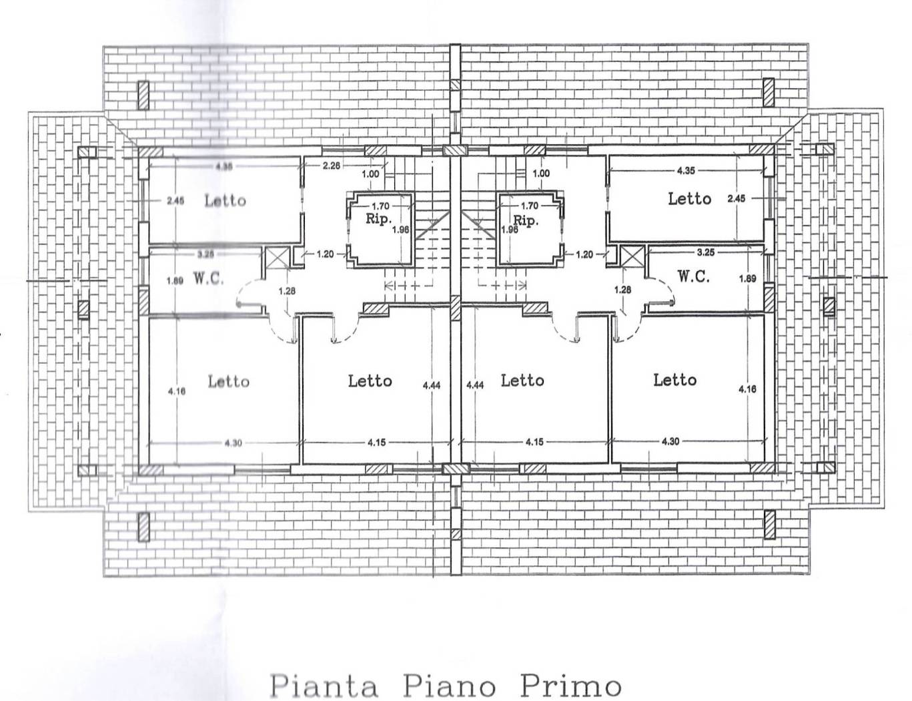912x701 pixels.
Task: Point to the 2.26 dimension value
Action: pyautogui.click(x=332, y=165)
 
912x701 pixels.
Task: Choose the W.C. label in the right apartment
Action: pyautogui.click(x=694, y=276)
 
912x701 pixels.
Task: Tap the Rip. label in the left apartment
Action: pyautogui.click(x=378, y=219)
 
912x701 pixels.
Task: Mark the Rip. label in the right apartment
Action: pyautogui.click(x=526, y=220)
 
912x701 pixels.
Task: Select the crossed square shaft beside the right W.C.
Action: pyautogui.click(x=632, y=257)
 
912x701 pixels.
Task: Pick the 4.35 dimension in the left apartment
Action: pyautogui.click(x=224, y=166)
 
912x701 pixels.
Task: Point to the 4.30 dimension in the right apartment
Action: pyautogui.click(x=670, y=441)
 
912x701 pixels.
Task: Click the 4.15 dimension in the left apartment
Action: pyautogui.click(x=378, y=442)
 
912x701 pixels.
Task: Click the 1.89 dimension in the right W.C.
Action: pyautogui.click(x=749, y=278)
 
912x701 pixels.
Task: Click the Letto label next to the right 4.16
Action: pyautogui.click(x=675, y=380)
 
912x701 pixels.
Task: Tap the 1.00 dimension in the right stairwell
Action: pyautogui.click(x=541, y=174)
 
